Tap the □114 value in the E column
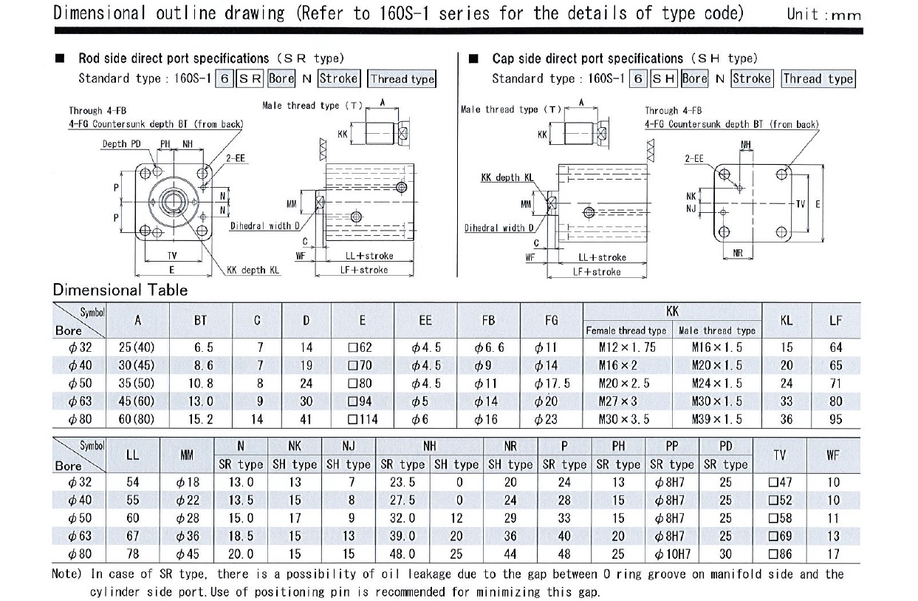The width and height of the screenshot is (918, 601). point(362,419)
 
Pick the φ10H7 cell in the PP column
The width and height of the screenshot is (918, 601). point(671,554)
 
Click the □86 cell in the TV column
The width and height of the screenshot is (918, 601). point(779,554)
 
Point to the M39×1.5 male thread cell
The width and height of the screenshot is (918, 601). point(716,419)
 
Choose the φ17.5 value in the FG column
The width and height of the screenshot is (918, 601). point(551,384)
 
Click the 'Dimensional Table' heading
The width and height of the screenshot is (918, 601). point(120,290)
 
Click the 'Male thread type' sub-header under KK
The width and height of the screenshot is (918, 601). point(716,330)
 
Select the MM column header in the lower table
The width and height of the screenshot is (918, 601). point(187,455)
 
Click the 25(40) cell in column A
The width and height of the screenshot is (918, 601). point(137,347)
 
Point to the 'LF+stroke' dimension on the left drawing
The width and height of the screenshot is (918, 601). point(363,270)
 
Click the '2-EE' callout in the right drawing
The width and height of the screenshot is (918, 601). point(693,158)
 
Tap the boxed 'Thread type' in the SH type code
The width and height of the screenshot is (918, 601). point(818,78)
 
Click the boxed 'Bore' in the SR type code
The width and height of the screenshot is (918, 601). point(281,78)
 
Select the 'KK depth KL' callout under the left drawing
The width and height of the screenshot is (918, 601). point(253,271)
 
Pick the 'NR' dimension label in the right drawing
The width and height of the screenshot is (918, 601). point(737,253)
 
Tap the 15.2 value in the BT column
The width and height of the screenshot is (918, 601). point(200,419)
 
